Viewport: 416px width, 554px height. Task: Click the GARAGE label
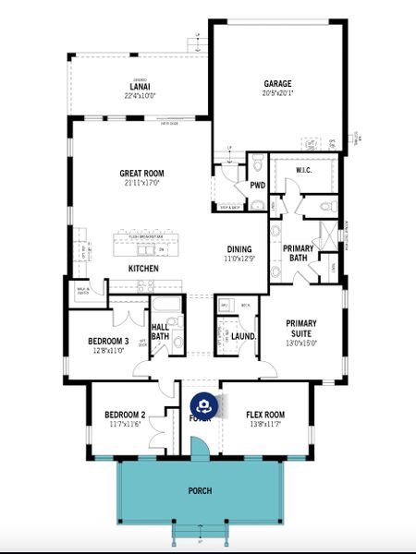click(x=278, y=82)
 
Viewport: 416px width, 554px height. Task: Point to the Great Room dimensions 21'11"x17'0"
click(x=141, y=183)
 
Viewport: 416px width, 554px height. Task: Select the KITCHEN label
click(x=142, y=269)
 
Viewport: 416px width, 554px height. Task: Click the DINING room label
click(x=239, y=249)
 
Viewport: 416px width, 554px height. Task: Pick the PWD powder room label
click(x=257, y=185)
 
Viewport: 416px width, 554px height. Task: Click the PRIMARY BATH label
click(x=298, y=253)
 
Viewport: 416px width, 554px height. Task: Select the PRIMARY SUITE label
click(x=300, y=329)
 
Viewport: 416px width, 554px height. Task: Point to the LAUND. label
click(x=243, y=337)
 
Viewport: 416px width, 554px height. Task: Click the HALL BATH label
click(x=159, y=331)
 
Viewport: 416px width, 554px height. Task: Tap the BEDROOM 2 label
click(x=125, y=414)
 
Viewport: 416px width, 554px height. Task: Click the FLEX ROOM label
click(x=265, y=414)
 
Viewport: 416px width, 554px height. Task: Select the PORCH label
click(x=200, y=490)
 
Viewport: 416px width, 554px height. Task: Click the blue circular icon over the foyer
click(x=204, y=405)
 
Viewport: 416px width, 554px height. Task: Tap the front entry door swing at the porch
click(x=199, y=448)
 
